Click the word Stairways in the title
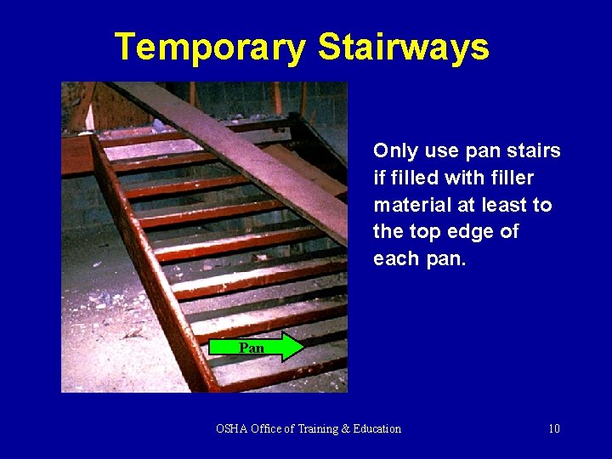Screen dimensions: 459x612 click(x=404, y=47)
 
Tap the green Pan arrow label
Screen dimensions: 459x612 click(x=252, y=348)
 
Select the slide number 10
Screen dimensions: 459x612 click(x=553, y=428)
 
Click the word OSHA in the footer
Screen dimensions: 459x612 click(x=232, y=428)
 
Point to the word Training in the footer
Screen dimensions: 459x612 click(x=322, y=428)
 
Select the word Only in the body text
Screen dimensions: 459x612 click(x=393, y=151)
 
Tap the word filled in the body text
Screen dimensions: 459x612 click(x=411, y=178)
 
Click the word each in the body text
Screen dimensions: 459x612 click(x=395, y=258)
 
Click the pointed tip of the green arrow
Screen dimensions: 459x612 click(x=302, y=348)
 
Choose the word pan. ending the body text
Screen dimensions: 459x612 click(x=445, y=259)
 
